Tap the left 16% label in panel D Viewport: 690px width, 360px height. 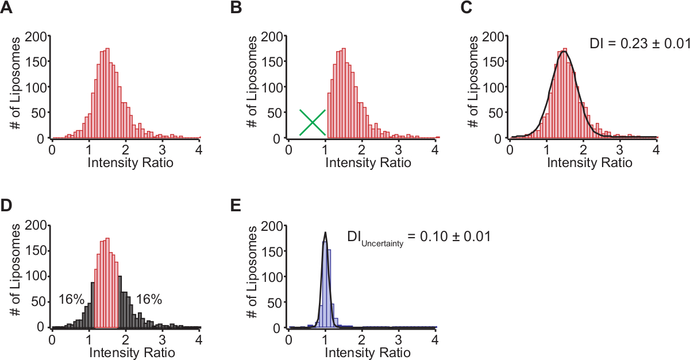71,299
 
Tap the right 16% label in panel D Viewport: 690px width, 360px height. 149,299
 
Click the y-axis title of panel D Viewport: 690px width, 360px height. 17,277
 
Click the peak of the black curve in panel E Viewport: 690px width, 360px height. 326,233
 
